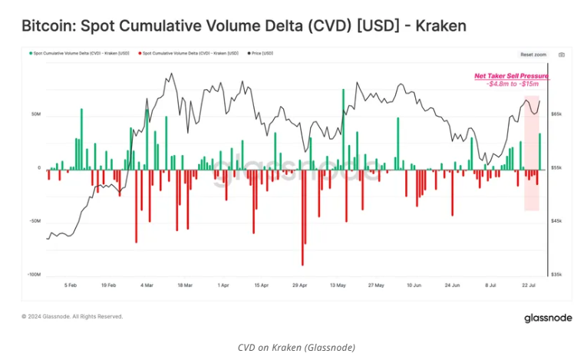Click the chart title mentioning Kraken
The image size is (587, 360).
pyautogui.click(x=243, y=26)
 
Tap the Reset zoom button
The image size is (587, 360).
pyautogui.click(x=533, y=54)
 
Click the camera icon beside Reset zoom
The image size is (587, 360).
pyautogui.click(x=562, y=54)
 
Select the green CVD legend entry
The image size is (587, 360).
pyautogui.click(x=78, y=54)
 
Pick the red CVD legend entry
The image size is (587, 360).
pyautogui.click(x=187, y=54)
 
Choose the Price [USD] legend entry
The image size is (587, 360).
pyautogui.click(x=262, y=54)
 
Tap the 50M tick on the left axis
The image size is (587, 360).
pyautogui.click(x=35, y=114)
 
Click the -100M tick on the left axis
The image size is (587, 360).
pyautogui.click(x=34, y=274)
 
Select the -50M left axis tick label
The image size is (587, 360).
pyautogui.click(x=35, y=221)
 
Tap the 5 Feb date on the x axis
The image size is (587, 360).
pyautogui.click(x=71, y=285)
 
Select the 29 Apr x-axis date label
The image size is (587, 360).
pyautogui.click(x=300, y=285)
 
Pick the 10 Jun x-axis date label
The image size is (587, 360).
pyautogui.click(x=414, y=285)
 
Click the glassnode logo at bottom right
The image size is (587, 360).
pyautogui.click(x=545, y=317)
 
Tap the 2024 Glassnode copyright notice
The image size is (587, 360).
pyautogui.click(x=72, y=316)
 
